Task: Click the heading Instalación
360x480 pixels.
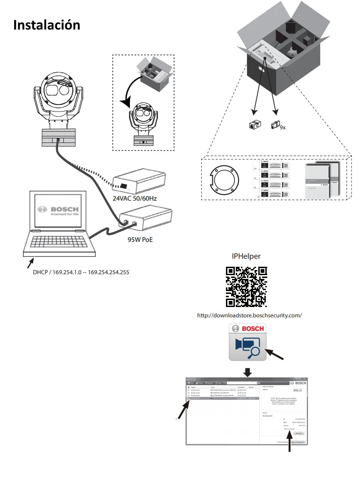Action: [46, 25]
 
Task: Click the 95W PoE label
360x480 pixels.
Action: [140, 240]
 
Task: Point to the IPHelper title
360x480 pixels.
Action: [246, 256]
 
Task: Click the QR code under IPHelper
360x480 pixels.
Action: [246, 286]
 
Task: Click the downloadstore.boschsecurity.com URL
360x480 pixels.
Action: [249, 315]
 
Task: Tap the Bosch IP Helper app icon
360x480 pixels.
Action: [247, 341]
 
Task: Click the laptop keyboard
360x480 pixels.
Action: [59, 242]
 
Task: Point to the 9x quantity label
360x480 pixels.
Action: [283, 127]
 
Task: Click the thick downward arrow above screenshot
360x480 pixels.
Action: [247, 372]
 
